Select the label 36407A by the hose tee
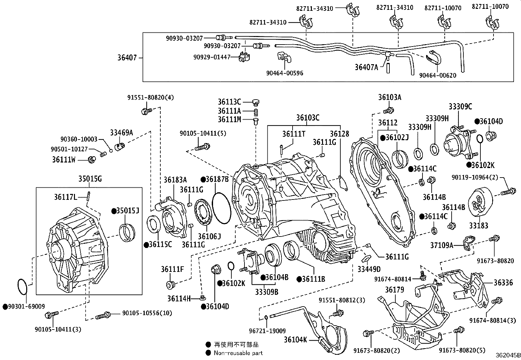pos(366,67)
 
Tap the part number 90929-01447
pos(212,57)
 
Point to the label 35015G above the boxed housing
pos(90,179)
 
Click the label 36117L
pos(65,197)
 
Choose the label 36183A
pos(175,180)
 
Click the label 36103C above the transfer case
pos(308,118)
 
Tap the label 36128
pos(339,134)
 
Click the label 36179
pos(394,290)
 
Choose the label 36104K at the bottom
pos(295,340)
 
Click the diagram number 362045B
pos(508,355)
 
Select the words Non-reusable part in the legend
pos(238,353)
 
